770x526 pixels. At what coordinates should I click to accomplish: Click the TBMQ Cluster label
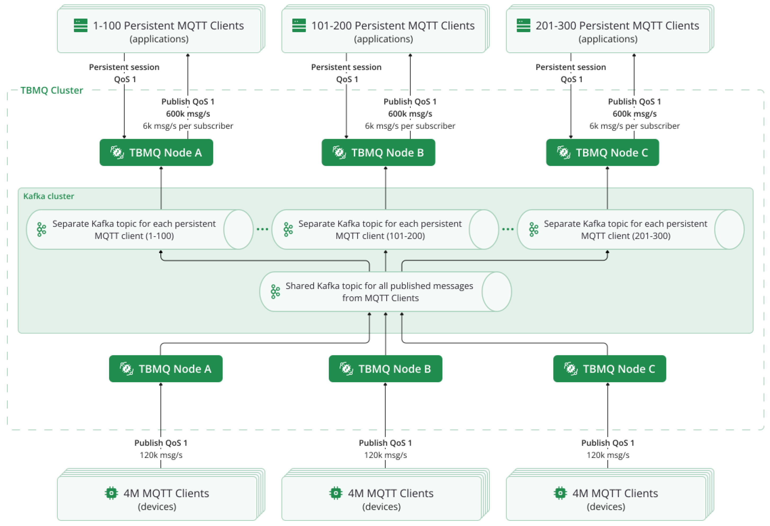point(52,90)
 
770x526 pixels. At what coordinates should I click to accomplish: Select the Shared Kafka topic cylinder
point(385,292)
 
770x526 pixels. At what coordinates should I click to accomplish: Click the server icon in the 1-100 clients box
point(81,25)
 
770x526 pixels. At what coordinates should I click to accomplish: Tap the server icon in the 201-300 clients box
point(524,25)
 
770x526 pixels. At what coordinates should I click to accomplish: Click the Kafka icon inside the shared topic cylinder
point(275,292)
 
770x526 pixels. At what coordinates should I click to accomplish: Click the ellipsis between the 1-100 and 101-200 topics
point(262,229)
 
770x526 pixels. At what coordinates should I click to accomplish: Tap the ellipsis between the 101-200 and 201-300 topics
point(508,229)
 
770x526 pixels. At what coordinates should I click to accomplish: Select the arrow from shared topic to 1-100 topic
point(265,261)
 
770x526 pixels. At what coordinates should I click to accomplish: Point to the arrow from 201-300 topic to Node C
point(607,188)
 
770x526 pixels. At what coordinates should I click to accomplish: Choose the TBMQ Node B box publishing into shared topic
point(385,369)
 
